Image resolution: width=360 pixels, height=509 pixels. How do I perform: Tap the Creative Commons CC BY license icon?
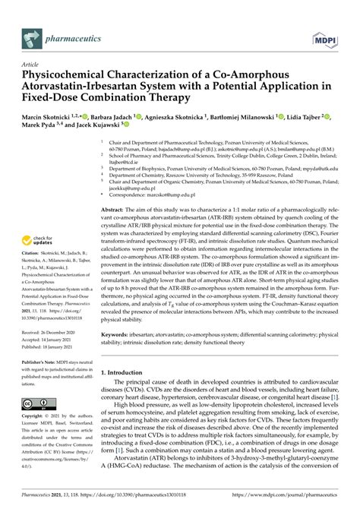coord(38,402)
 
